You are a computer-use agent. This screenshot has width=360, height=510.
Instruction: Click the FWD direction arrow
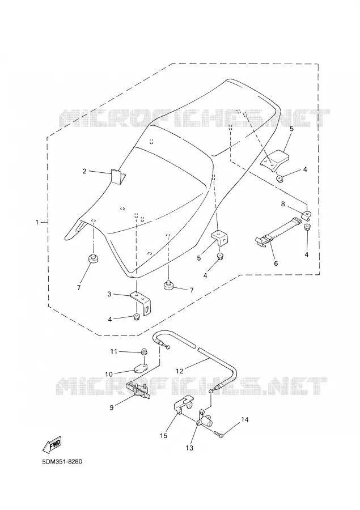point(52,444)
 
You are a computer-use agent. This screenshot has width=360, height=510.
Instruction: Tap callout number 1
point(37,222)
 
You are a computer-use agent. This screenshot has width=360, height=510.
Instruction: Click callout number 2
point(84,171)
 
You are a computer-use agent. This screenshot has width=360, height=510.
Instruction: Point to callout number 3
point(109,294)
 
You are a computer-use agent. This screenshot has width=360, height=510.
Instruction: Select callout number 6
point(276,263)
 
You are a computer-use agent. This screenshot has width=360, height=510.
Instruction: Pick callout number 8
point(283,204)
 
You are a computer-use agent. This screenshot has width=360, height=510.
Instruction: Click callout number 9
point(112,407)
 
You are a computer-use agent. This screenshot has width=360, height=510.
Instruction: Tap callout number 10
point(109,375)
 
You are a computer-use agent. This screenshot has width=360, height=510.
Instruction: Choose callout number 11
point(113,351)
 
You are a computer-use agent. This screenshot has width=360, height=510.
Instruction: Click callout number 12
point(180,371)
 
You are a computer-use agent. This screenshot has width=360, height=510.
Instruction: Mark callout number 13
point(189,448)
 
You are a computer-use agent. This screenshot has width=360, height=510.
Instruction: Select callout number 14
point(245,419)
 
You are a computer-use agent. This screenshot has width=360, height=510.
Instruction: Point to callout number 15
point(164,436)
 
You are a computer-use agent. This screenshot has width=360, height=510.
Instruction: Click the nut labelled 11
point(143,351)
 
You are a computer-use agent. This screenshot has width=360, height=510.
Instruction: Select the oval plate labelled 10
point(139,368)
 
